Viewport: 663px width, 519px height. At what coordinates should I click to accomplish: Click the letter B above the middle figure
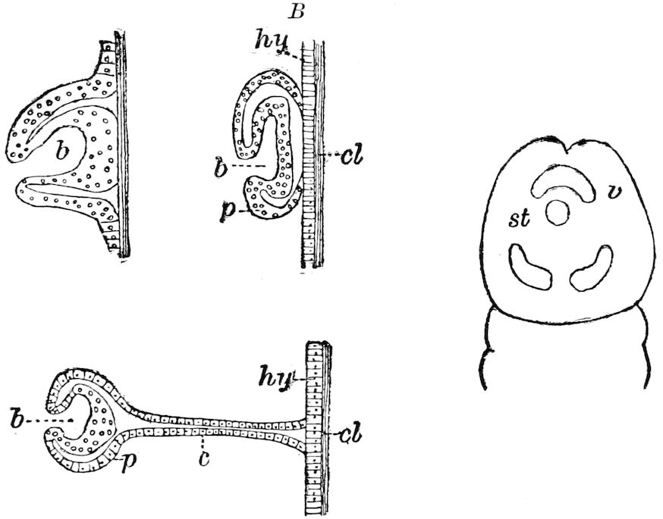click(296, 12)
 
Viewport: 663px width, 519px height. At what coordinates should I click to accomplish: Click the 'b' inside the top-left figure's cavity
click(62, 151)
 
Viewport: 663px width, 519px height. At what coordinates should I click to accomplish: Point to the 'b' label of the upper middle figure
click(220, 167)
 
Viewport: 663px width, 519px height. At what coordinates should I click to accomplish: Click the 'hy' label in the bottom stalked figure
click(275, 378)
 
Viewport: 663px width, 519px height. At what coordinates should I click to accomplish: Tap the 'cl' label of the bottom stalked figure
click(351, 435)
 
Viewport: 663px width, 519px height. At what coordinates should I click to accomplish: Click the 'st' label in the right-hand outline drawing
click(519, 219)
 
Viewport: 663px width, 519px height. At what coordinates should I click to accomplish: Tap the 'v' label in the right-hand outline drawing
click(610, 192)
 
